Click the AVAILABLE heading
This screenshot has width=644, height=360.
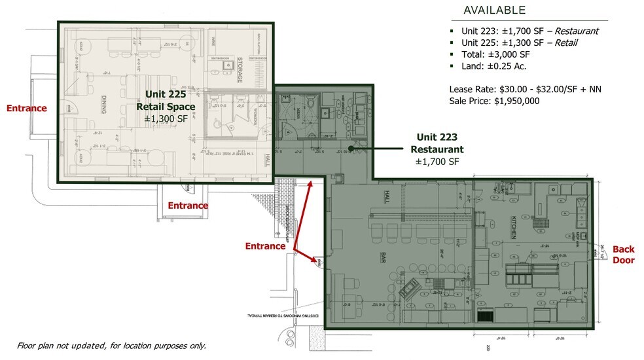tap(494, 10)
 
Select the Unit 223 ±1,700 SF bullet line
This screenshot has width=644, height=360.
tap(529, 31)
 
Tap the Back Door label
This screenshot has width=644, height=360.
tap(623, 255)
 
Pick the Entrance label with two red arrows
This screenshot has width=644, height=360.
tap(265, 246)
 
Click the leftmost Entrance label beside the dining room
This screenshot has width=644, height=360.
tap(26, 108)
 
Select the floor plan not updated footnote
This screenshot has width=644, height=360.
tap(111, 346)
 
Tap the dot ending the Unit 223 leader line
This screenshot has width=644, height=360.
tap(351, 149)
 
